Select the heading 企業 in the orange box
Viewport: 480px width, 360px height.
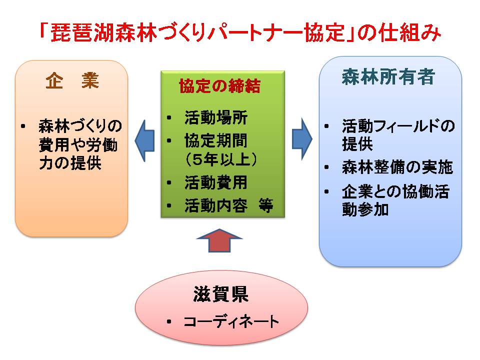tap(72, 81)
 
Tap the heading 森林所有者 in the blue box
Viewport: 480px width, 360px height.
tap(388, 76)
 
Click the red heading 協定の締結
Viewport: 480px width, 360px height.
tap(220, 86)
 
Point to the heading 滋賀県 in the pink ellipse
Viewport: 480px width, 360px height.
tap(220, 294)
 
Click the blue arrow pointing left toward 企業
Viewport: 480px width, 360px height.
tap(144, 141)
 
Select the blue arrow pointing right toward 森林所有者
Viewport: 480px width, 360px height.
tap(302, 139)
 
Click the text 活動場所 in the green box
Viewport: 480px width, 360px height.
tap(216, 118)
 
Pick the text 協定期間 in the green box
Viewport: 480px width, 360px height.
tap(216, 140)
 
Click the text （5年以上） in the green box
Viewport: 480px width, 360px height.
tap(220, 159)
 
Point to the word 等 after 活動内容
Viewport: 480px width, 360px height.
tap(265, 205)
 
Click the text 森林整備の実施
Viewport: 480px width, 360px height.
tap(397, 167)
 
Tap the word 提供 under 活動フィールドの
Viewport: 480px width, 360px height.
tap(357, 144)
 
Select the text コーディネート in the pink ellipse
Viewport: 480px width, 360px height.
tap(231, 321)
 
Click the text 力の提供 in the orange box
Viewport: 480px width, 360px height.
tap(70, 163)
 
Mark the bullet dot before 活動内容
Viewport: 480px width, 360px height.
tap(169, 205)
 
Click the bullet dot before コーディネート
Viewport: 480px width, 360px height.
tap(169, 321)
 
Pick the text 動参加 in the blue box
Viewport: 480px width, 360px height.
tap(365, 210)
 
